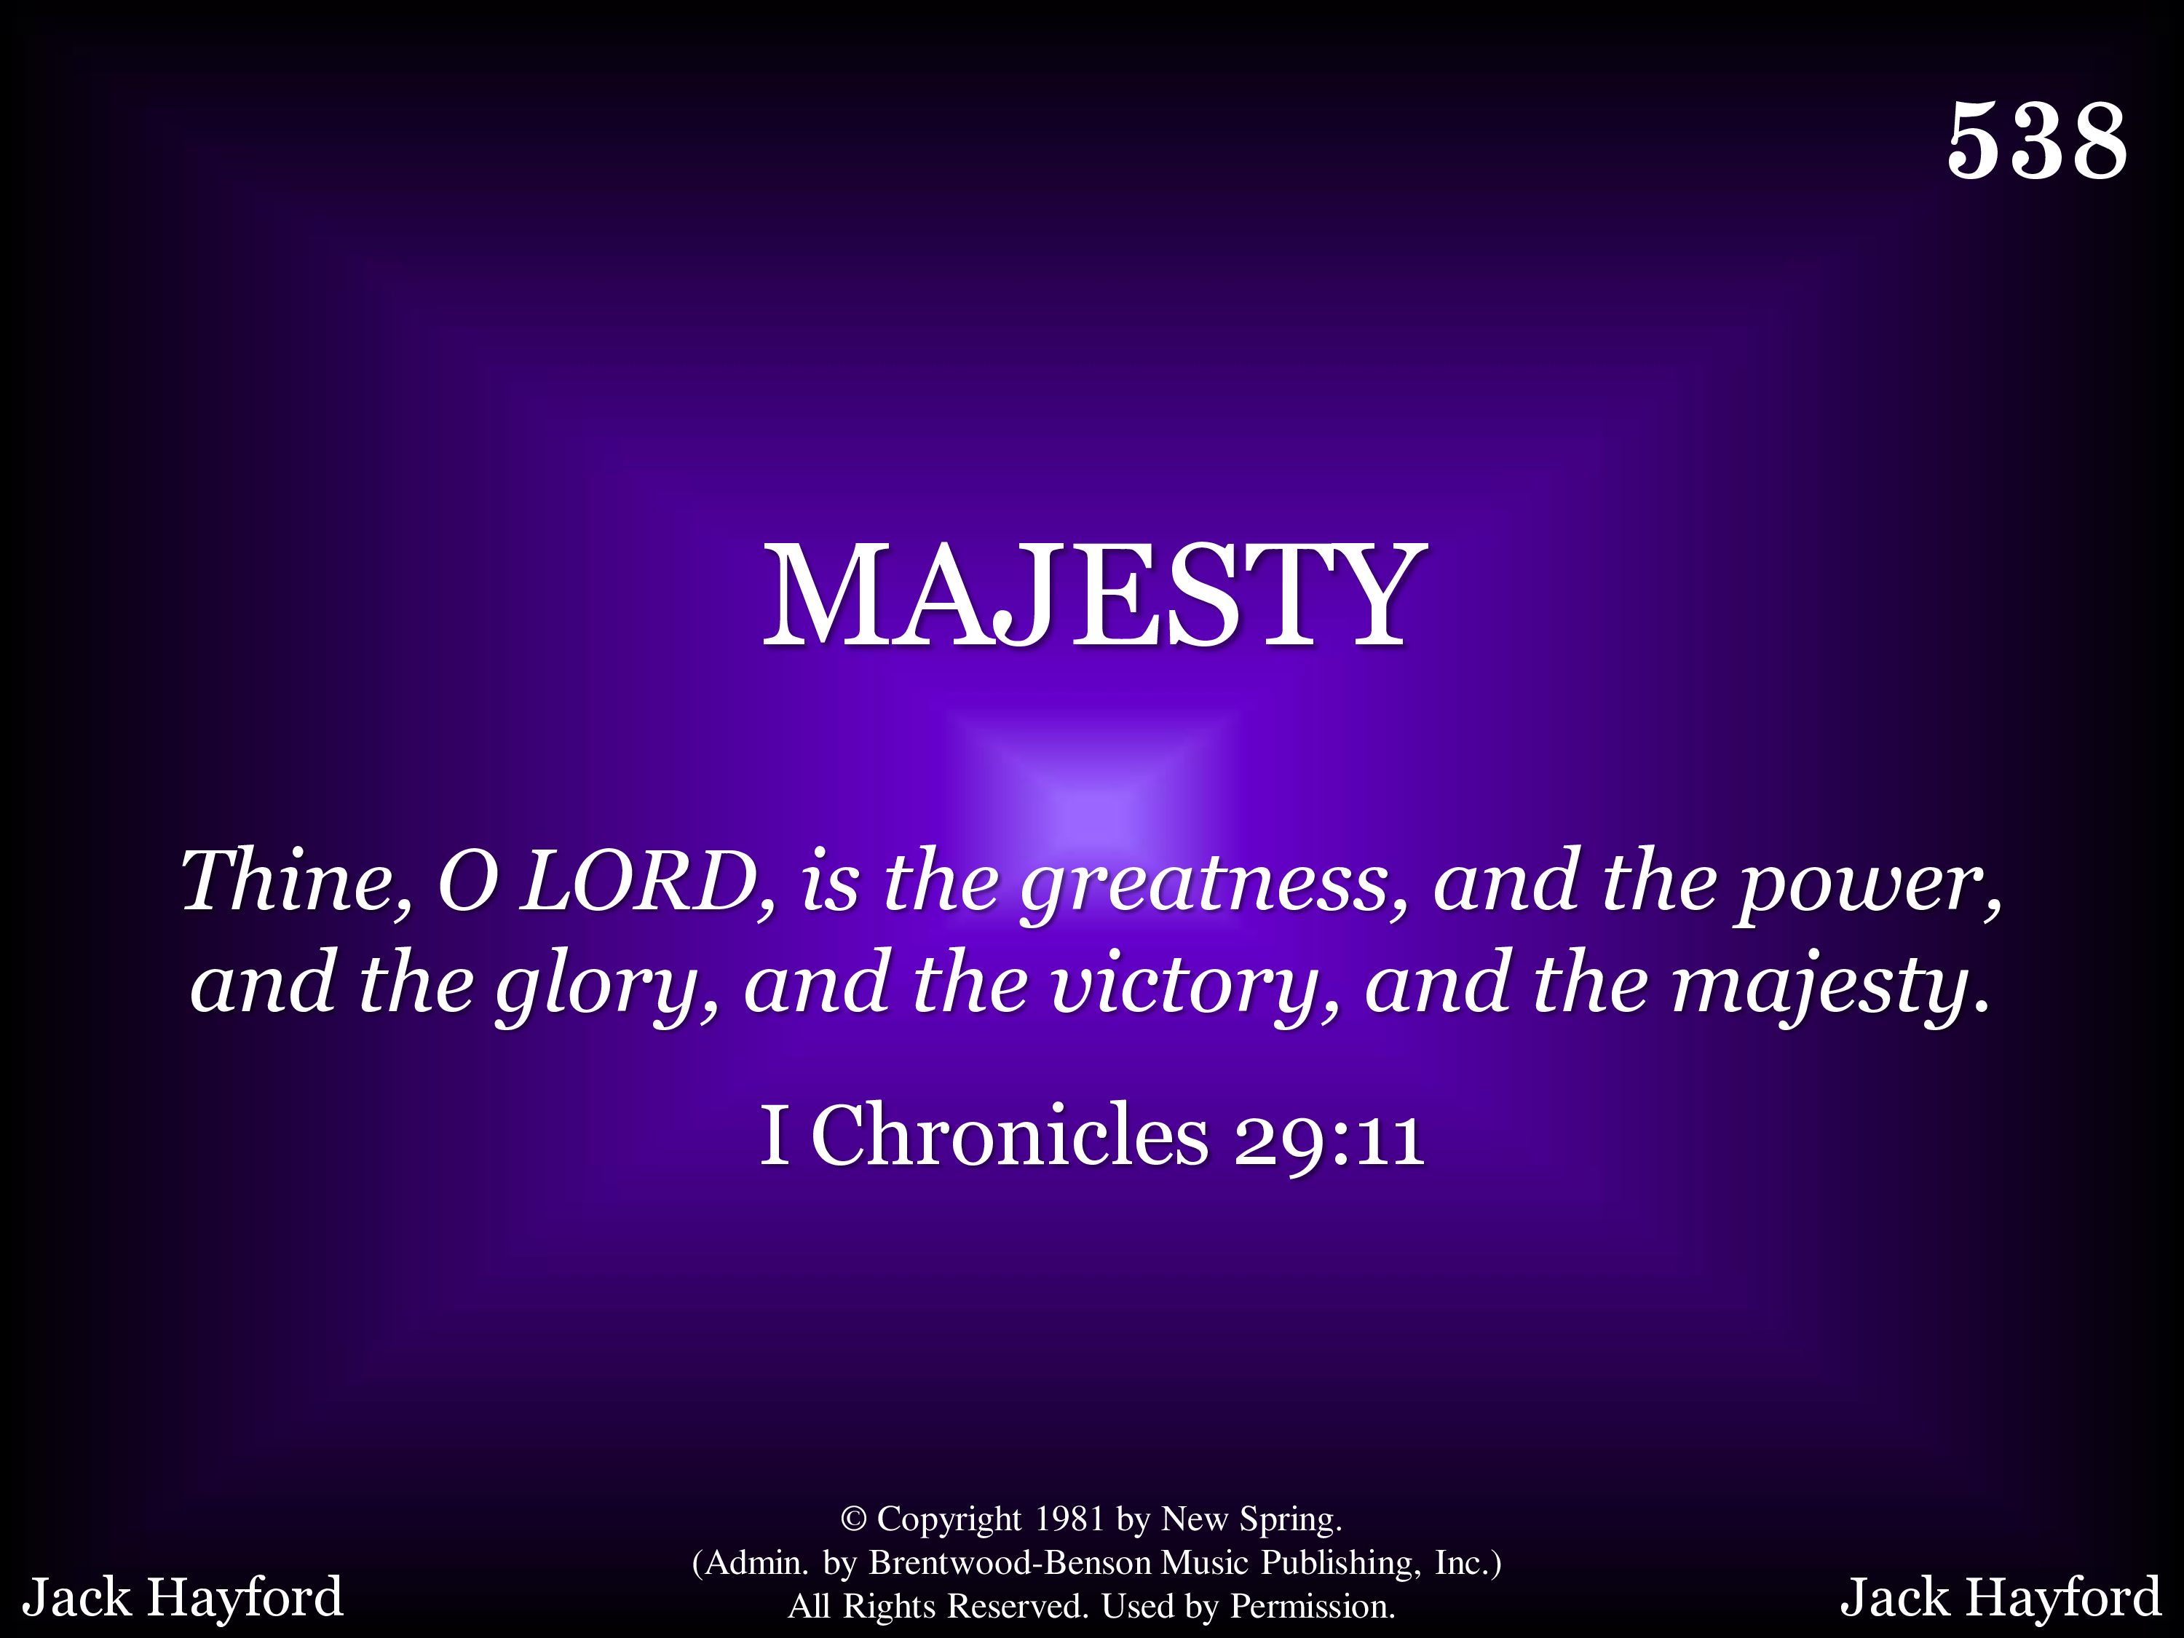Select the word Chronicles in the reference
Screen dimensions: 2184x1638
click(1009, 1136)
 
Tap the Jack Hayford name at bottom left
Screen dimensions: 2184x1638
click(183, 1597)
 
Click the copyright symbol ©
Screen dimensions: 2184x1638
click(853, 1519)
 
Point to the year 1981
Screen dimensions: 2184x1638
click(1069, 1519)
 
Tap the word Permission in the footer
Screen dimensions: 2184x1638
click(1312, 1607)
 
